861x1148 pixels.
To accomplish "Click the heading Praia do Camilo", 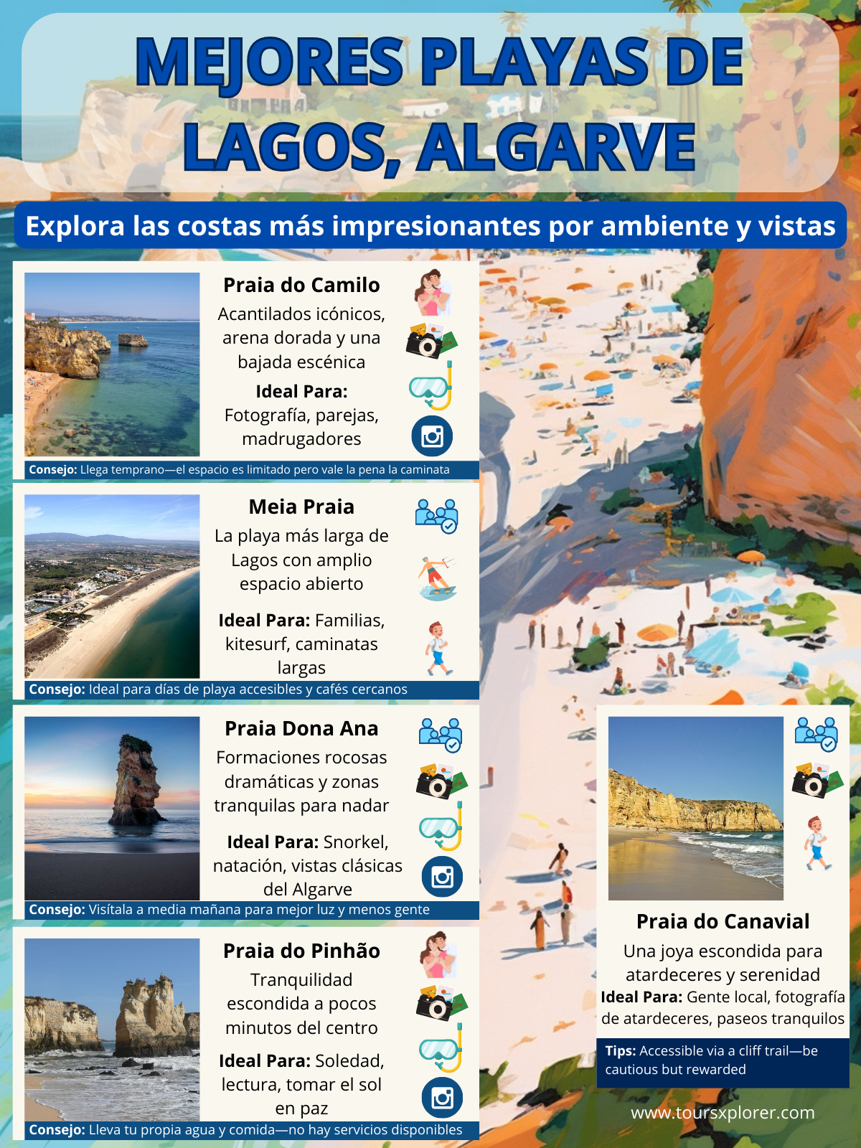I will coord(301,285).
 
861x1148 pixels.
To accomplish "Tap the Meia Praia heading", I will coord(301,507).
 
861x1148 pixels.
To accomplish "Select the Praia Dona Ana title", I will coord(301,728).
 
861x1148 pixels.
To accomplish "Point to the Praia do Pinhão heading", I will coord(301,951).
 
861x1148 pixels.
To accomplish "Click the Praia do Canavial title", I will coord(723,921).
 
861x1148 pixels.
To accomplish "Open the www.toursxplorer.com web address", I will coord(723,1113).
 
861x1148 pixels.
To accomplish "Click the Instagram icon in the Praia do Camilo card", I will coord(432,436).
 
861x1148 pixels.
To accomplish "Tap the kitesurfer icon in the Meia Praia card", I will coord(437,578).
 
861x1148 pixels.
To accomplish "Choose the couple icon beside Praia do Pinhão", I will coord(438,955).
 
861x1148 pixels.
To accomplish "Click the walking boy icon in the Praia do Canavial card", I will coord(816,843).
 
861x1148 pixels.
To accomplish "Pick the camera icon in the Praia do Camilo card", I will coord(430,342).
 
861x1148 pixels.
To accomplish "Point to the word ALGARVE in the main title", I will coord(557,147).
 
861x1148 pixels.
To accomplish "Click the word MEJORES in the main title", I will coord(269,62).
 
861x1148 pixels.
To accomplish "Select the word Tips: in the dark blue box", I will coord(621,1051).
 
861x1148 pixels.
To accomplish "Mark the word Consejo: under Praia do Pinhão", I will coord(57,1130).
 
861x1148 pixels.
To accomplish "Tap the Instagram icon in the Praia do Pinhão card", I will coord(442,1098).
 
